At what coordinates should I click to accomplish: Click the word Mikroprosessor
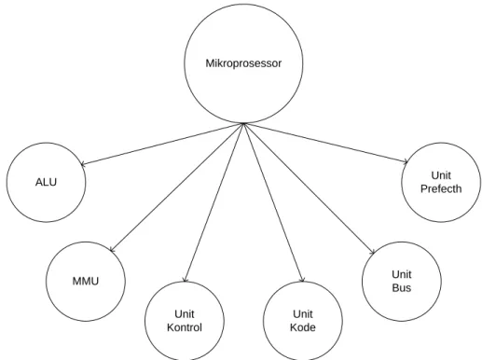(x=243, y=63)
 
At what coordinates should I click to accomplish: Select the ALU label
(x=46, y=182)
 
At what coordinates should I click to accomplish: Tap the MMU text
(x=86, y=282)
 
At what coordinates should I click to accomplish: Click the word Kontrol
(x=185, y=327)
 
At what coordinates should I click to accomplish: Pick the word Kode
(x=303, y=327)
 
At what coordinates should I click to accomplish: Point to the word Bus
(x=402, y=288)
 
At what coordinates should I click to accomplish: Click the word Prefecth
(x=441, y=189)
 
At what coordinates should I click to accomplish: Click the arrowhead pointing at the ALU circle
(x=82, y=164)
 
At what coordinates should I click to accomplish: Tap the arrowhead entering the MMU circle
(x=112, y=250)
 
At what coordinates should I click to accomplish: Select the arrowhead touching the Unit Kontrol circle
(x=186, y=281)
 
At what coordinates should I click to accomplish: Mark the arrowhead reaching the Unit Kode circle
(x=302, y=281)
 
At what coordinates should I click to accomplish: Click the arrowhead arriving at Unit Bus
(x=373, y=253)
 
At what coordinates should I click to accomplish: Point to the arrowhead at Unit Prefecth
(x=406, y=161)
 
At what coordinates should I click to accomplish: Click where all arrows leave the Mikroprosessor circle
(x=243, y=124)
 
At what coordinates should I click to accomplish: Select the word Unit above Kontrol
(x=185, y=314)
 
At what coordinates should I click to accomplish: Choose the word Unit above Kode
(x=303, y=314)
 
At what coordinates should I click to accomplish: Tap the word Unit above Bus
(x=402, y=274)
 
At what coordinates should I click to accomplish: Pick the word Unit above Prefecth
(x=441, y=175)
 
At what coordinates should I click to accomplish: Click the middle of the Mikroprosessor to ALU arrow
(x=162, y=144)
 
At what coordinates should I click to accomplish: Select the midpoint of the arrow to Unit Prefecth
(x=325, y=143)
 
